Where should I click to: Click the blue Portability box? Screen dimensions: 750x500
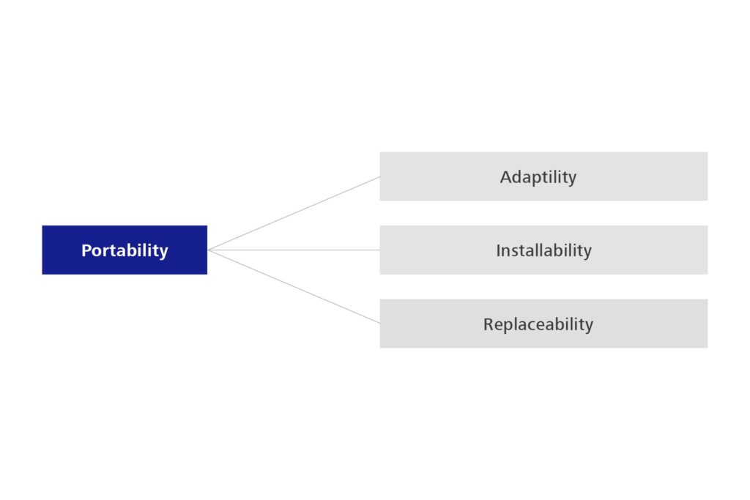coord(125,250)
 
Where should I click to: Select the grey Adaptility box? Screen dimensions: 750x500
coord(543,176)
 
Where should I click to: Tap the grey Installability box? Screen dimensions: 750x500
coord(543,250)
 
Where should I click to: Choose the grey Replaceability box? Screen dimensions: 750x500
coord(543,324)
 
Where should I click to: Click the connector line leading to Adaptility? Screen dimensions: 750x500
coord(294,213)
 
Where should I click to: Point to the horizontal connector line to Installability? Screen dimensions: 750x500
coord(294,250)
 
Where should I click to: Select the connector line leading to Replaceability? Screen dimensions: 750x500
coord(294,287)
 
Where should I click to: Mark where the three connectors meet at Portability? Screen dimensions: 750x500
coord(209,250)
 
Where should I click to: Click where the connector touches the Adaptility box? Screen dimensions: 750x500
coord(380,177)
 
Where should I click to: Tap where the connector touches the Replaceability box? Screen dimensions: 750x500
coord(380,323)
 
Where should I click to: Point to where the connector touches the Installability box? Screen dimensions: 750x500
coord(380,250)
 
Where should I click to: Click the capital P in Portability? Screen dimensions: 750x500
coord(86,250)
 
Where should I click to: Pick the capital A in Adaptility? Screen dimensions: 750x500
coord(505,177)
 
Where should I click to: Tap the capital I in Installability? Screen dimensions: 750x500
coord(498,250)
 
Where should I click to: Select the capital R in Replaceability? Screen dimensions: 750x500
coord(488,324)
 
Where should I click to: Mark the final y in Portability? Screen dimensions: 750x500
coord(163,253)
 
